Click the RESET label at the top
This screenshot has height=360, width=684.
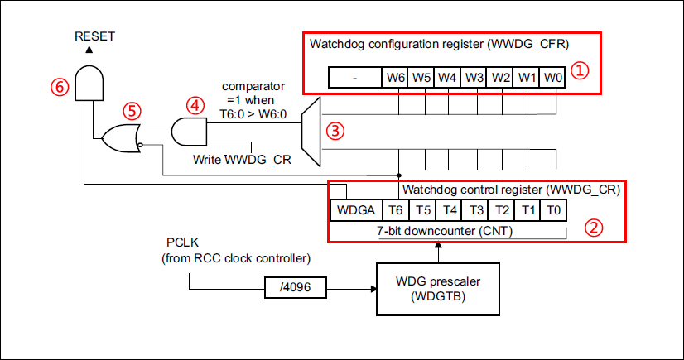tap(94, 36)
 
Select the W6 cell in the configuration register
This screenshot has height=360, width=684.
tap(395, 78)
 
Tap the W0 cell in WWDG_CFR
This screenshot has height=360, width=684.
tap(554, 78)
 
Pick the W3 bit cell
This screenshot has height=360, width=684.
tap(474, 78)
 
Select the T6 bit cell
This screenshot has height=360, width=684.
tap(397, 210)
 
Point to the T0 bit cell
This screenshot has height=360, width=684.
tap(554, 210)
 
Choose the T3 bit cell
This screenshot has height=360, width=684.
tap(475, 210)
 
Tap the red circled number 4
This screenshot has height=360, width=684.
tap(193, 105)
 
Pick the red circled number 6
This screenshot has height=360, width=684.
tap(58, 85)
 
